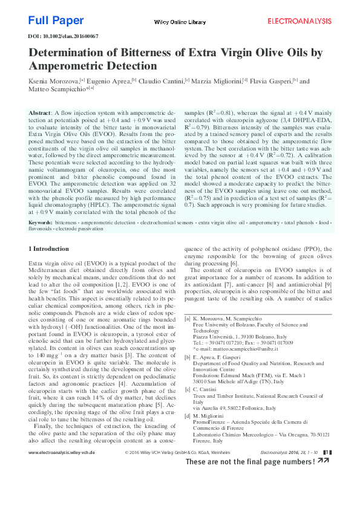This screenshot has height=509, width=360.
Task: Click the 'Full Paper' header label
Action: tap(56, 21)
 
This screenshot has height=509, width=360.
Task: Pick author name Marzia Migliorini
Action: tap(216, 81)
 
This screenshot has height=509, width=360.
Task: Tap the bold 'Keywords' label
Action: tap(41, 223)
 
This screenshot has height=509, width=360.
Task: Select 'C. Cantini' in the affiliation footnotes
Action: tap(206, 389)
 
